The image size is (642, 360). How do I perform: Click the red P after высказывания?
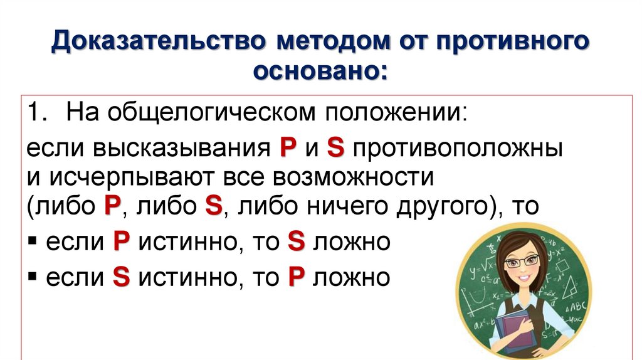(x=287, y=149)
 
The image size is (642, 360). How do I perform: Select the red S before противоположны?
(x=337, y=149)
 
